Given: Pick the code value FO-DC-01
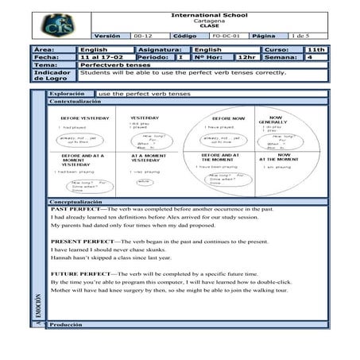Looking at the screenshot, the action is tap(226, 36).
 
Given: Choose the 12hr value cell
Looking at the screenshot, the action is tap(246, 57).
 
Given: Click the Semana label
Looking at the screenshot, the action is tap(280, 57).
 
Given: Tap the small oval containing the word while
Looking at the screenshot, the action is tap(145, 182).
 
